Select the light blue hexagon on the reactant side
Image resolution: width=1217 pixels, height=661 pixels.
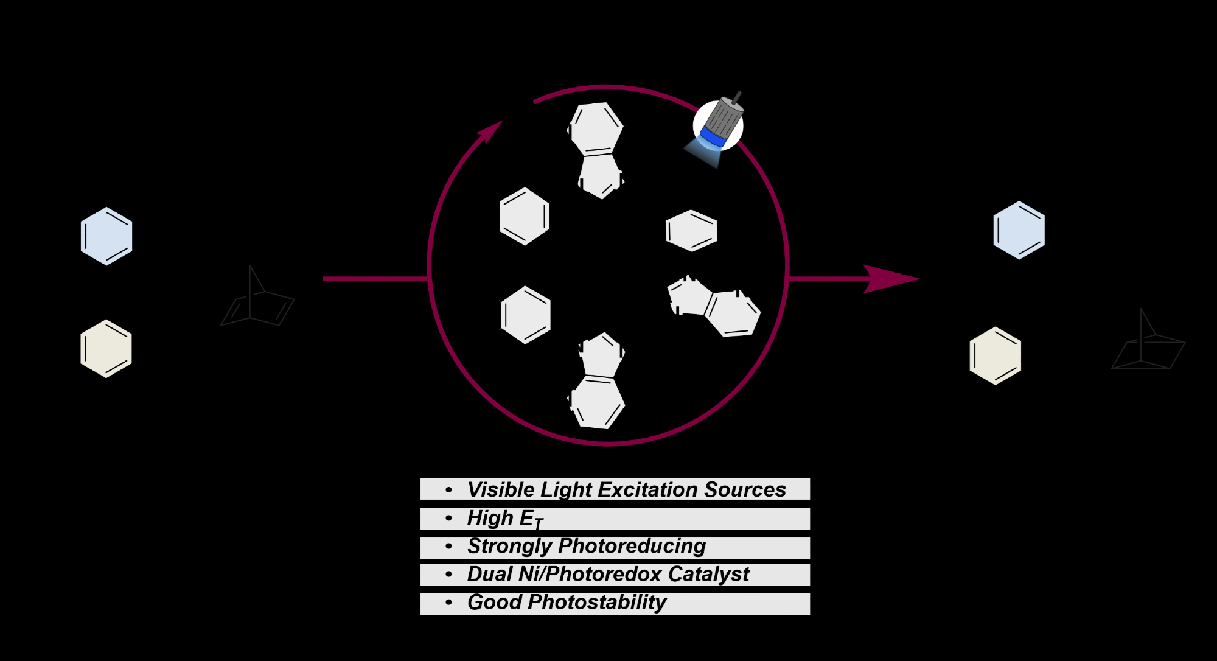pyautogui.click(x=106, y=236)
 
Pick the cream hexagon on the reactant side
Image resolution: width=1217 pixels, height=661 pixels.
pyautogui.click(x=106, y=349)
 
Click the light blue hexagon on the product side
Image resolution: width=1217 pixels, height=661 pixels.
pyautogui.click(x=1019, y=230)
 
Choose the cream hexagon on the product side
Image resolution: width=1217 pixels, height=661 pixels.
pyautogui.click(x=996, y=356)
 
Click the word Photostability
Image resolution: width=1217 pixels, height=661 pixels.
pyautogui.click(x=597, y=603)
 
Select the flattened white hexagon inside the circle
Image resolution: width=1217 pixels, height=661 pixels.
pyautogui.click(x=691, y=231)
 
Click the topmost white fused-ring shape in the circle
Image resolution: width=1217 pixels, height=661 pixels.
pyautogui.click(x=597, y=149)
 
